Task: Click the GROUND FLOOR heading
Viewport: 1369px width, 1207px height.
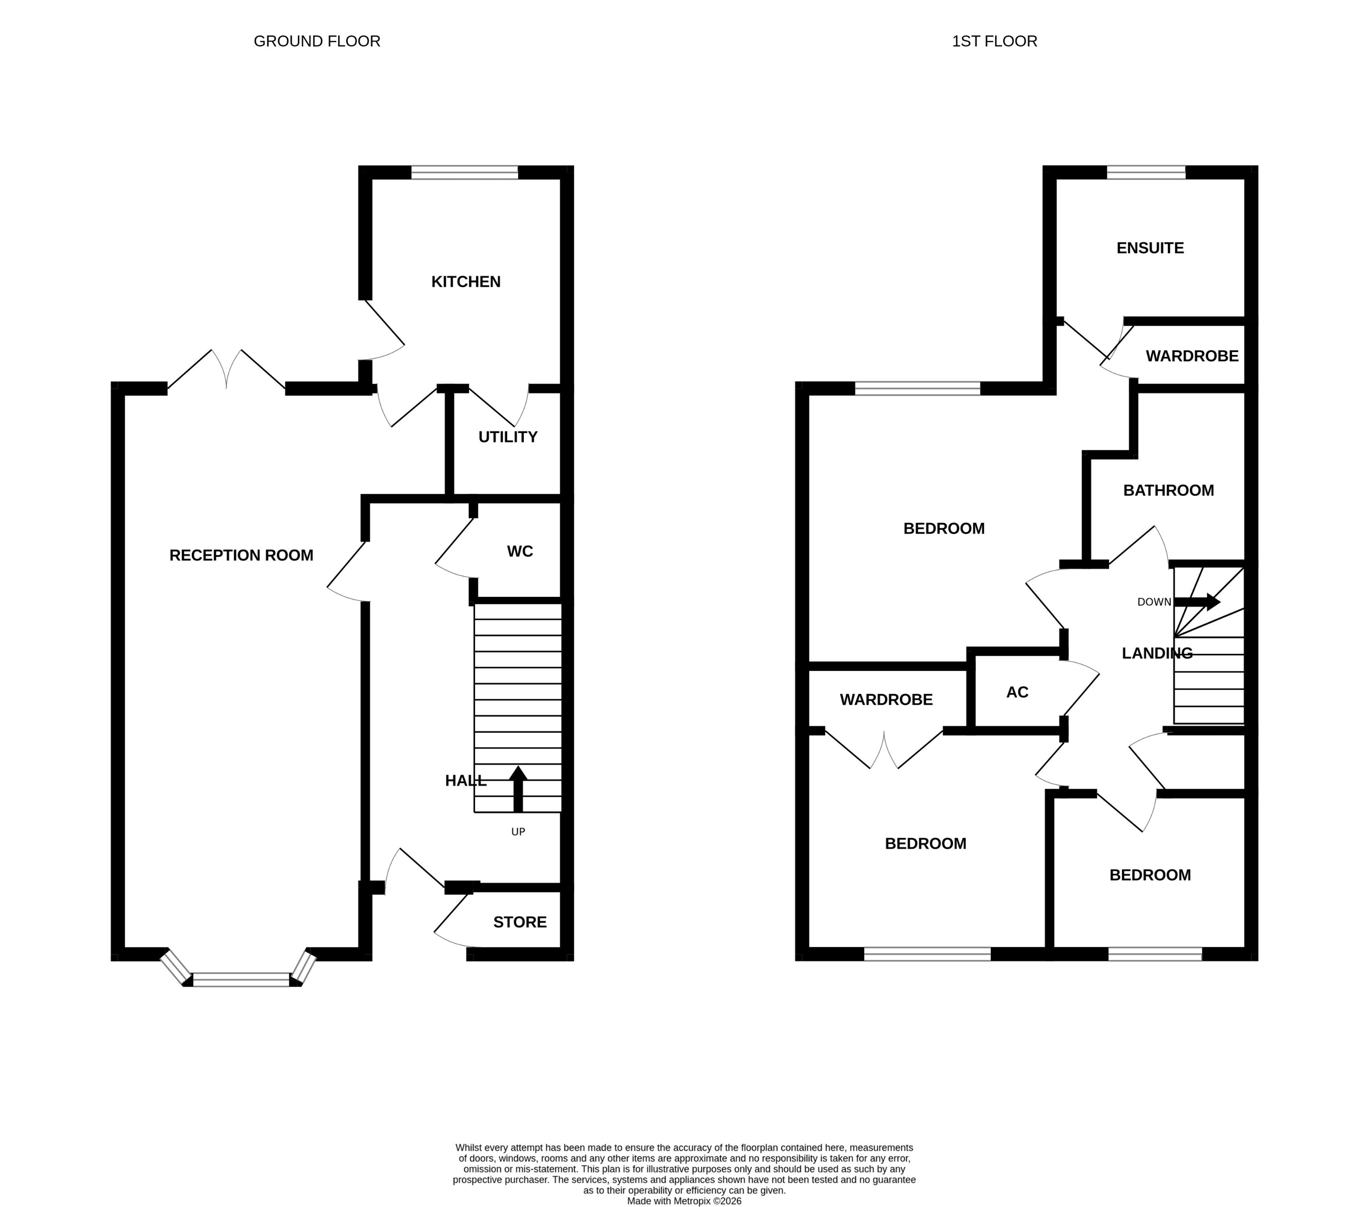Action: coord(317,42)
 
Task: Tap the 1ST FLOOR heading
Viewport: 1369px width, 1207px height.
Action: coord(994,42)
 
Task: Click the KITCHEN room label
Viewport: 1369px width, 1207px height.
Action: coord(465,282)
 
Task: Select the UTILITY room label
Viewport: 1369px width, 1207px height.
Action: coord(508,437)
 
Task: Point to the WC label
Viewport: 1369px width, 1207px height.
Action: coord(520,552)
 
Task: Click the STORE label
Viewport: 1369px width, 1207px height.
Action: coord(520,922)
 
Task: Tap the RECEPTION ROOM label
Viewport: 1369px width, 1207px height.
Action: coord(241,555)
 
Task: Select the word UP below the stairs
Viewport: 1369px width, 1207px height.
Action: coord(518,832)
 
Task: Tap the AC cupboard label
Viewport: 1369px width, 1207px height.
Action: coord(1017,693)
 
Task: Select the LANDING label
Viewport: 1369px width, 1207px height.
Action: coord(1157,653)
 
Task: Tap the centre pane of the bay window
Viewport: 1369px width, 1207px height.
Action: coord(241,980)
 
